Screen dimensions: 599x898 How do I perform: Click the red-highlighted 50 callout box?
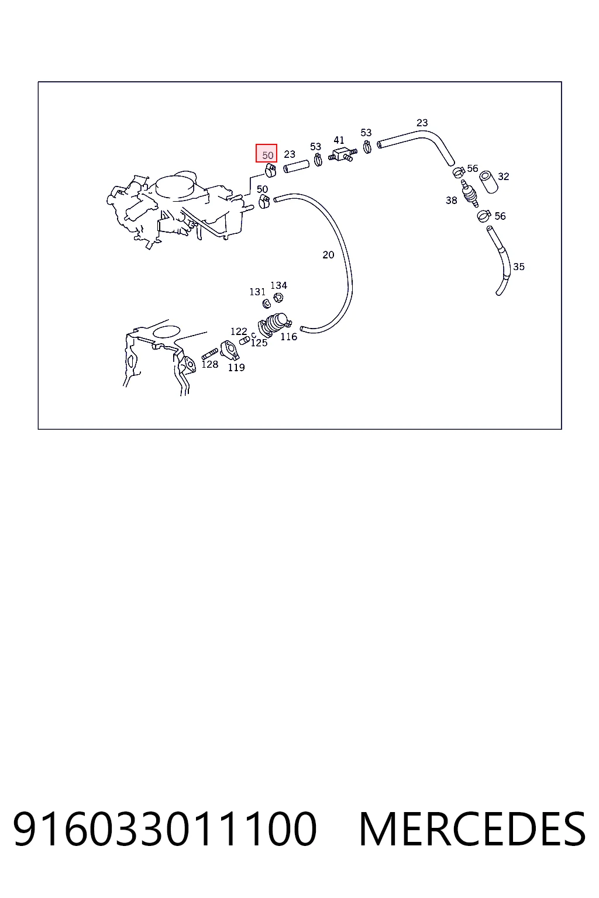pyautogui.click(x=266, y=153)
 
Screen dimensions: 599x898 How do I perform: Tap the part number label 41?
pyautogui.click(x=339, y=140)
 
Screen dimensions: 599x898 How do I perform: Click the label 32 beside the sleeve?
pyautogui.click(x=503, y=177)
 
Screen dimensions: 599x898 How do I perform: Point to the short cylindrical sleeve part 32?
pyautogui.click(x=488, y=182)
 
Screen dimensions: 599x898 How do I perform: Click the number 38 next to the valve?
pyautogui.click(x=452, y=200)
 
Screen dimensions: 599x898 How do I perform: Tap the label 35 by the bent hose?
pyautogui.click(x=518, y=267)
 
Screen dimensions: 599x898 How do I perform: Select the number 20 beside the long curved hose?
pyautogui.click(x=328, y=254)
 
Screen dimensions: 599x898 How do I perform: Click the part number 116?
pyautogui.click(x=288, y=337)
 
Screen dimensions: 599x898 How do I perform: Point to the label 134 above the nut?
pyautogui.click(x=278, y=285)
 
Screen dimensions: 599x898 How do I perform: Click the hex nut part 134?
pyautogui.click(x=278, y=298)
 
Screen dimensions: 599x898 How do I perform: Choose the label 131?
pyautogui.click(x=257, y=292)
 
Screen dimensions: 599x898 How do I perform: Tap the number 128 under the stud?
pyautogui.click(x=209, y=364)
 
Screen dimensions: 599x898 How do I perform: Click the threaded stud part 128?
pyautogui.click(x=209, y=354)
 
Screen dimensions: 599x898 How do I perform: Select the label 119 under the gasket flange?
pyautogui.click(x=236, y=368)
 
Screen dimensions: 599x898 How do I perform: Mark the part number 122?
pyautogui.click(x=238, y=331)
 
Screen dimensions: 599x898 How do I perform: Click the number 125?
pyautogui.click(x=259, y=343)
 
